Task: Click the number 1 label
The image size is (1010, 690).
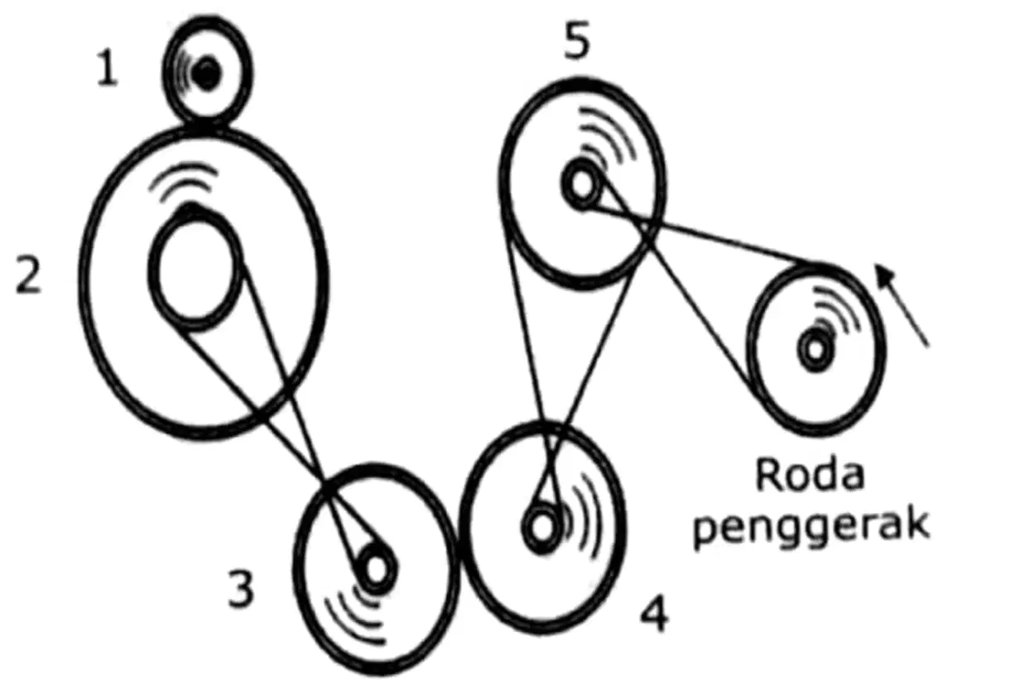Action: (x=108, y=68)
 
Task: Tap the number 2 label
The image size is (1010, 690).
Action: (x=28, y=274)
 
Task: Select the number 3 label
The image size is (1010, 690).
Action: (x=241, y=588)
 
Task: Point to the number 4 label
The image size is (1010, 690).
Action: (x=654, y=613)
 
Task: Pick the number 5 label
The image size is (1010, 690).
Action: (x=577, y=40)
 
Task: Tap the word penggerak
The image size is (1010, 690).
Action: (x=811, y=527)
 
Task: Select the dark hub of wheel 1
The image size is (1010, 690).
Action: (x=207, y=73)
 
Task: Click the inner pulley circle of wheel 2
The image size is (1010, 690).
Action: (x=151, y=270)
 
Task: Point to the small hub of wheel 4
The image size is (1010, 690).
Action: (x=541, y=528)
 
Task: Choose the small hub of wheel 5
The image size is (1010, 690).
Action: (x=581, y=184)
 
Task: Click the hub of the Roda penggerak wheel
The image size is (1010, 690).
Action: (x=815, y=349)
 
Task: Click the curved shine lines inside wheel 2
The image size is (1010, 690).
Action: (x=183, y=181)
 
